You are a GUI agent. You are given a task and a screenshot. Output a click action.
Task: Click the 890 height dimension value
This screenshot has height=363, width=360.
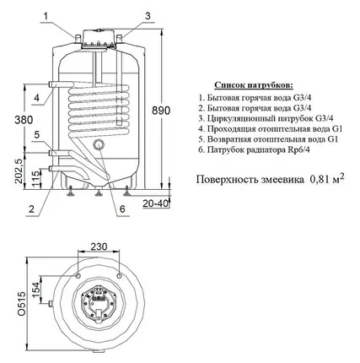161,111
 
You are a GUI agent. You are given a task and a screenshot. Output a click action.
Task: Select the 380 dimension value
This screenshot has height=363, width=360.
24,120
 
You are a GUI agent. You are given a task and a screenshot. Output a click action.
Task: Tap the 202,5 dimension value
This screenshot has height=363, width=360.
19,171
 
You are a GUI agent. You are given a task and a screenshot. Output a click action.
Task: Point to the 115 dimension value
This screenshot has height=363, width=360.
36,179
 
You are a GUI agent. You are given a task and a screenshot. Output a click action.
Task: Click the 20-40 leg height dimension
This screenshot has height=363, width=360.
155,203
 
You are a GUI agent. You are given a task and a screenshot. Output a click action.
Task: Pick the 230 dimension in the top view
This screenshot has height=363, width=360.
99,247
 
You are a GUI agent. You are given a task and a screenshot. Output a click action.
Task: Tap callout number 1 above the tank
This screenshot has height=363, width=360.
46,16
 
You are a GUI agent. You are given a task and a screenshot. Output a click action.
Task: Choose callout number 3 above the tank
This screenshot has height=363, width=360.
148,16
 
